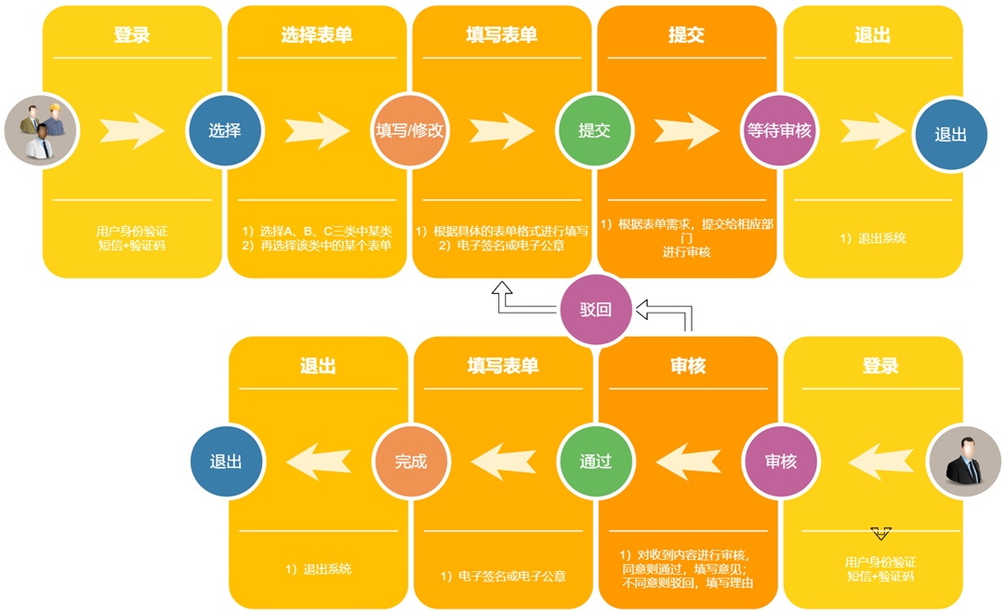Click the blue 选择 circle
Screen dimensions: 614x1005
pos(225,131)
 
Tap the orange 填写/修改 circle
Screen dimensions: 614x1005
pos(410,131)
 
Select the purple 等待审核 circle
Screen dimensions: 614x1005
pos(779,131)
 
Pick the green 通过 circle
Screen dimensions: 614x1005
pos(595,461)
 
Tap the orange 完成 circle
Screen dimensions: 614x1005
pos(410,461)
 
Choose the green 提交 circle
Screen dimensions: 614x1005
pos(594,131)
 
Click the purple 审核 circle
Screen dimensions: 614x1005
pos(780,461)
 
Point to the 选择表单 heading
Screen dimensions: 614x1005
pos(317,35)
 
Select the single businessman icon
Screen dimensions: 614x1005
pos(963,461)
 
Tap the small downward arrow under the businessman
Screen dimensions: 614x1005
pos(880,534)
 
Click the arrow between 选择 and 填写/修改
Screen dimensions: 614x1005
pos(317,131)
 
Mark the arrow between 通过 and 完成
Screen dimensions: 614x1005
pos(503,460)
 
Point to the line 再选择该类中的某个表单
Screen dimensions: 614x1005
pos(317,246)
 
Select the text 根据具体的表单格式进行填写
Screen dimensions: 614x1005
pos(502,231)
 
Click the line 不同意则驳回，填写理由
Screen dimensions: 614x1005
pos(687,583)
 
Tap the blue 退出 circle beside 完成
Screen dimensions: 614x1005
pos(226,461)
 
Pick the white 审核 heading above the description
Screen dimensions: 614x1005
pos(688,366)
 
